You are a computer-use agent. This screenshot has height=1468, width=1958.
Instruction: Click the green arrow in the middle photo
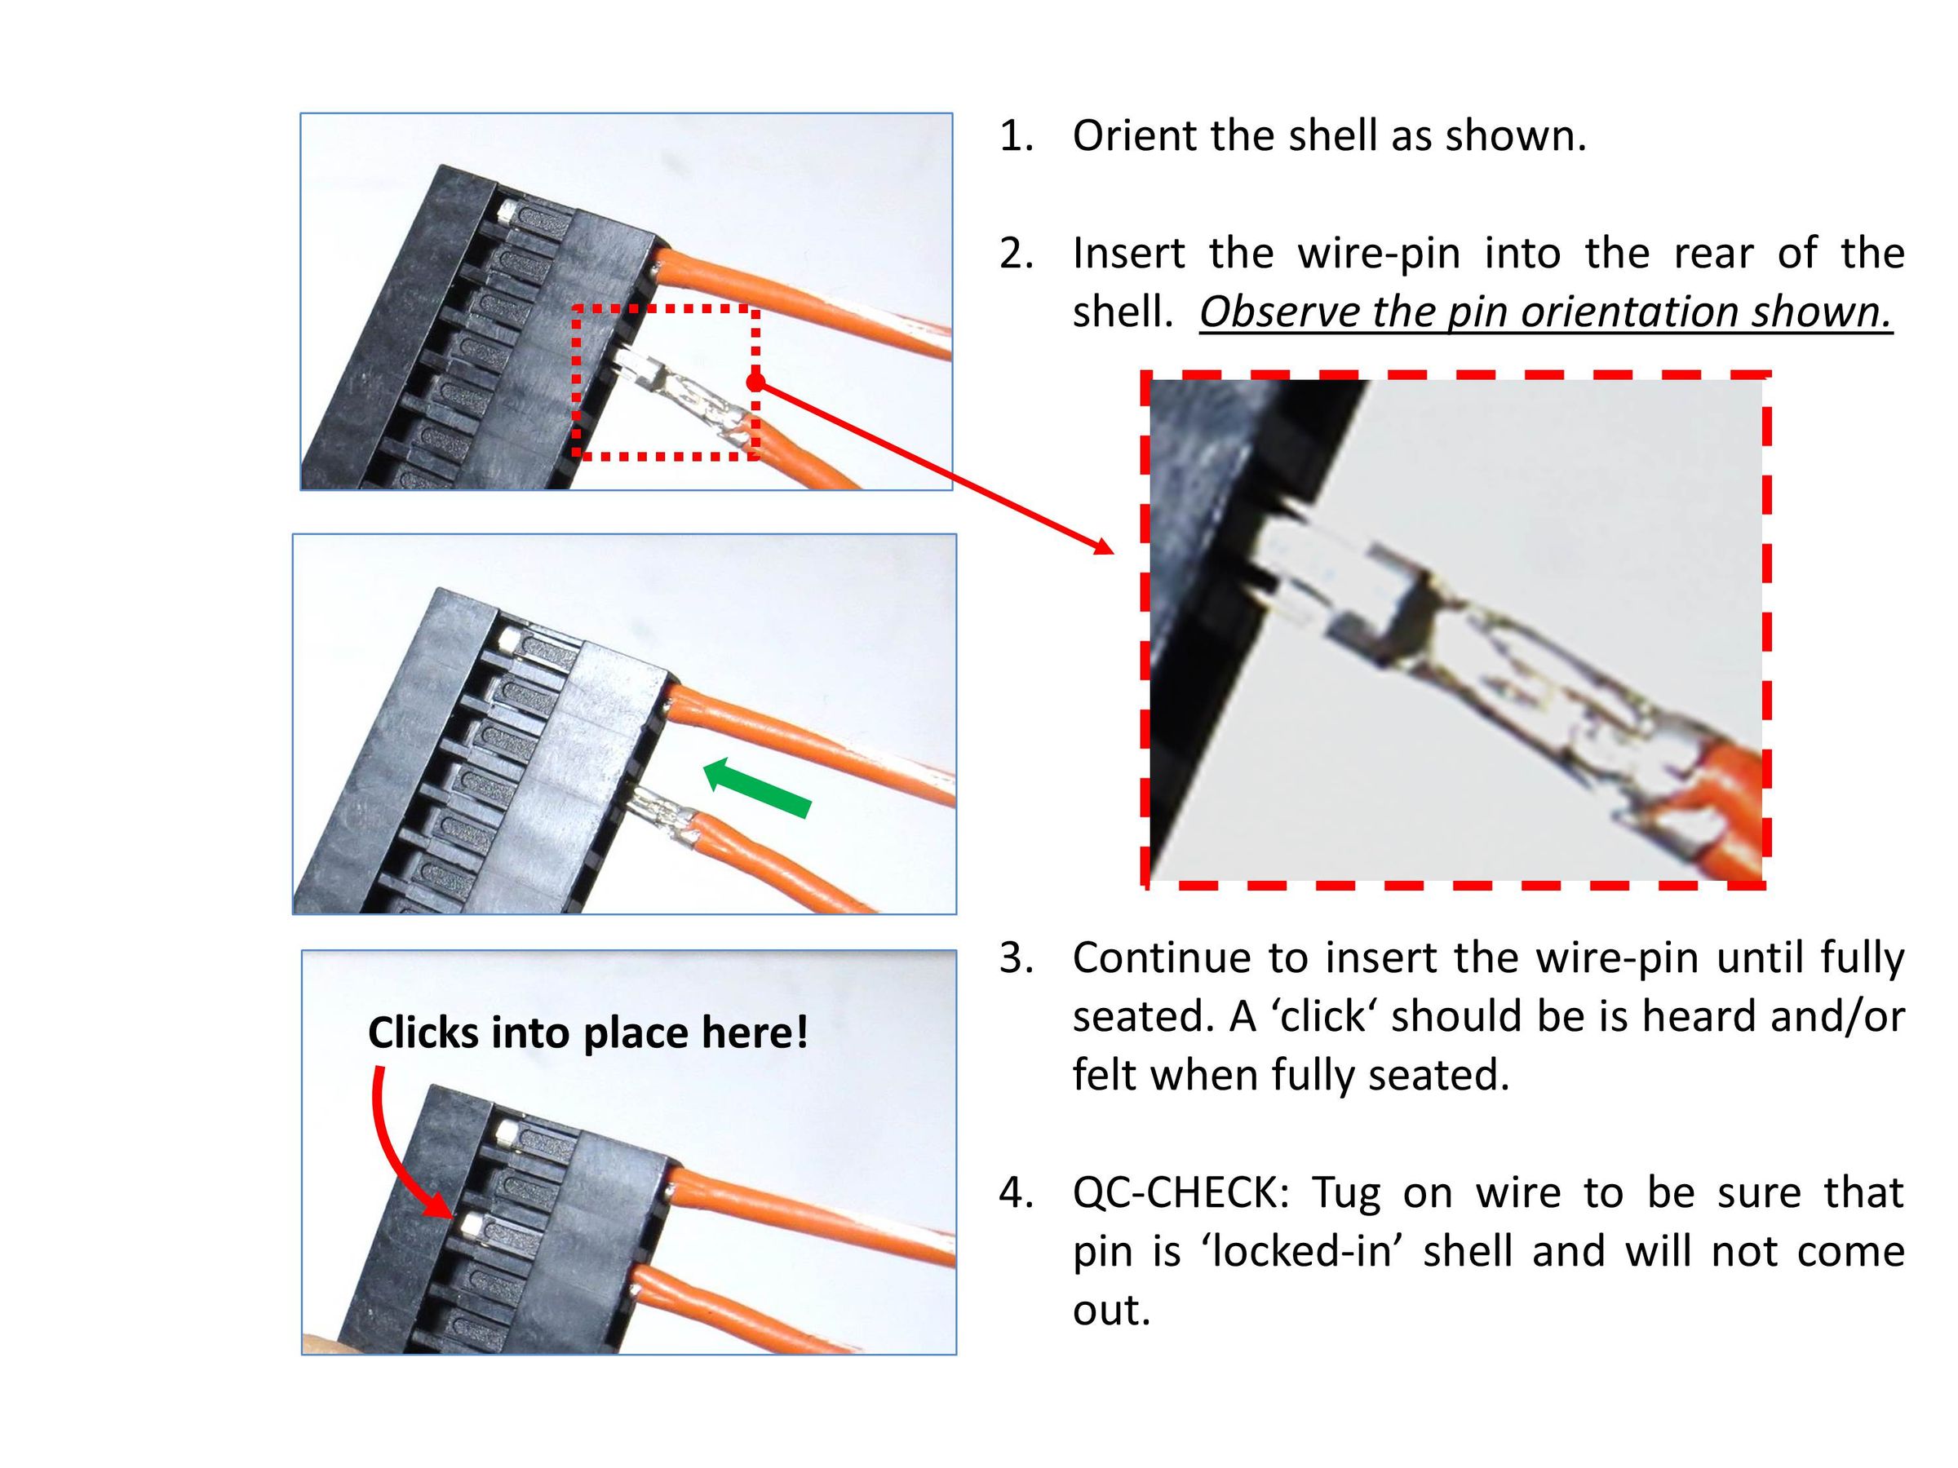click(x=757, y=787)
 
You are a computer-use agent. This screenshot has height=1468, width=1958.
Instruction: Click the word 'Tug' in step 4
click(x=1346, y=1195)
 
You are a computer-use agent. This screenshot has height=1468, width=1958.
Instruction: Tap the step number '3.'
click(x=1017, y=958)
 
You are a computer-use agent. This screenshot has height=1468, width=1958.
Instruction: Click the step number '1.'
click(x=1017, y=136)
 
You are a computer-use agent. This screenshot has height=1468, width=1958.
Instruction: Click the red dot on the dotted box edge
click(x=755, y=382)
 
